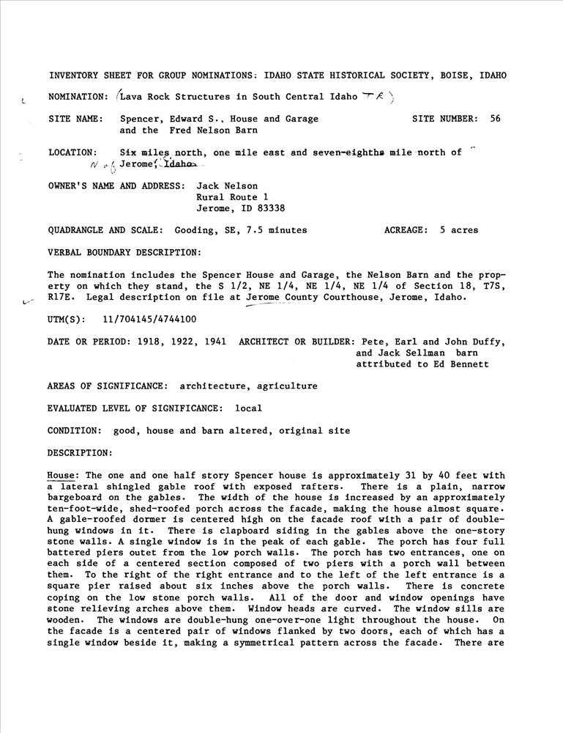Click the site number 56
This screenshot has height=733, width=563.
pyautogui.click(x=495, y=118)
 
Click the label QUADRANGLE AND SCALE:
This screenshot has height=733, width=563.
pyautogui.click(x=106, y=230)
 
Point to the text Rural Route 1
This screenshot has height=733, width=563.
pyautogui.click(x=233, y=197)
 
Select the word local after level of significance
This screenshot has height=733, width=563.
pyautogui.click(x=248, y=408)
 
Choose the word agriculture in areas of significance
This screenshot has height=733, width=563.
pyautogui.click(x=284, y=386)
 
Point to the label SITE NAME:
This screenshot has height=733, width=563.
pyautogui.click(x=75, y=118)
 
